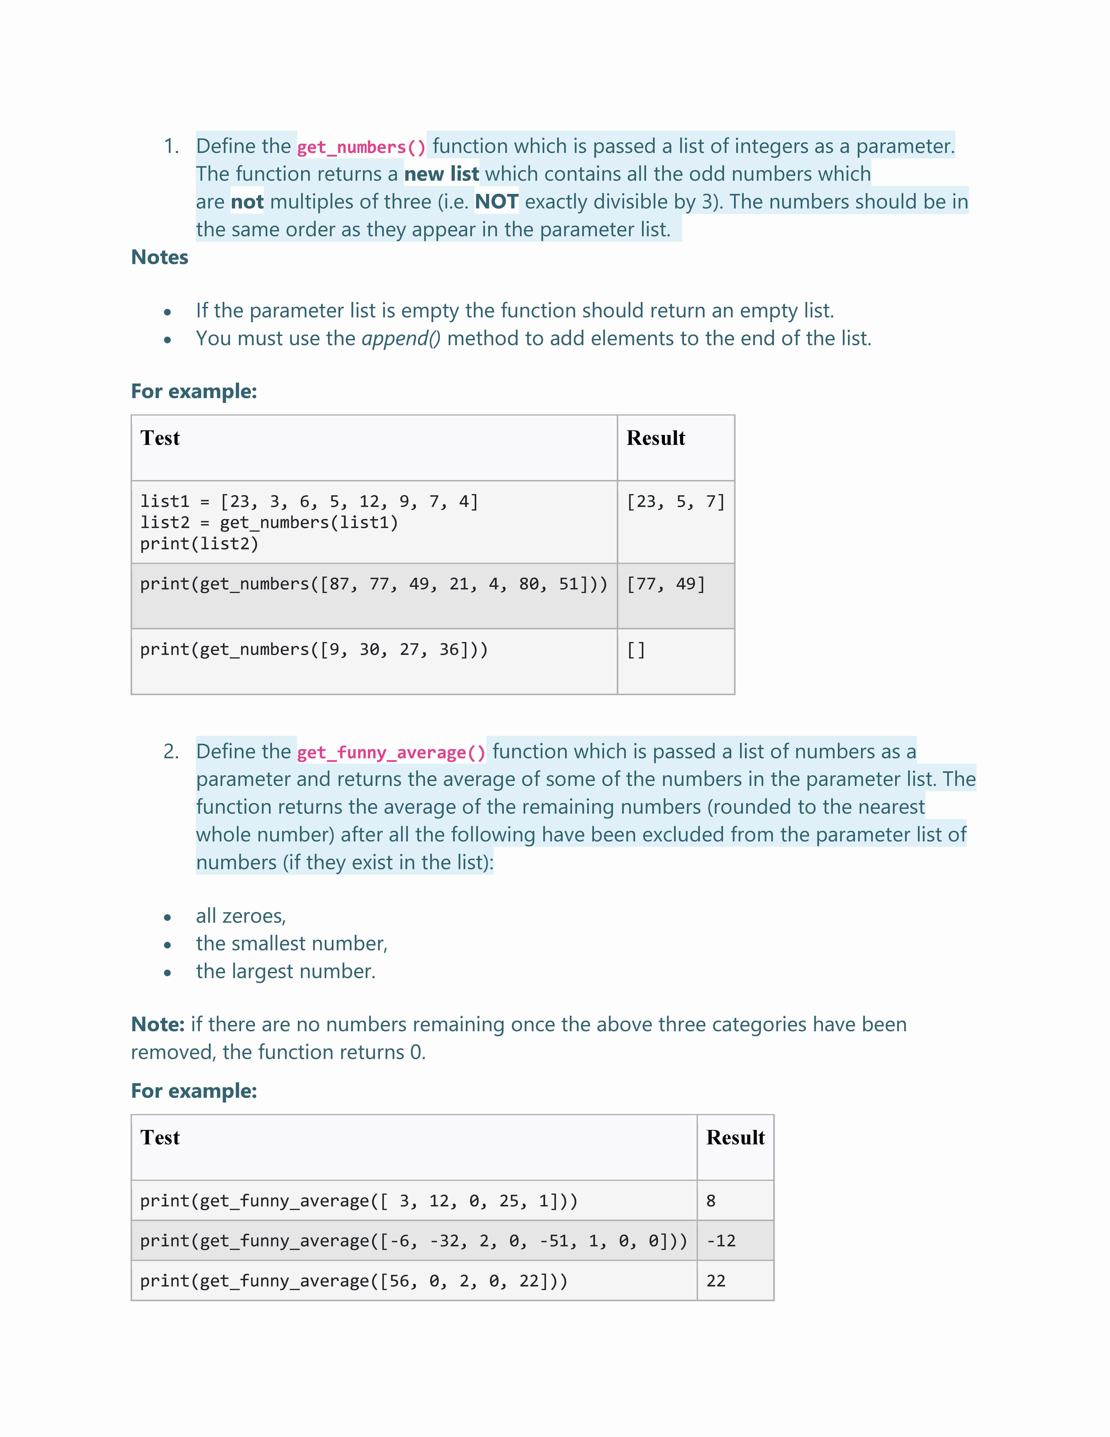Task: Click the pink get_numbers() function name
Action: [361, 147]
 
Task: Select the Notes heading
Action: [160, 257]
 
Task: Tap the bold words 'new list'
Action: [441, 174]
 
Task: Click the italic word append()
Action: [401, 339]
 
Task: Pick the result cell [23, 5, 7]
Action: [675, 502]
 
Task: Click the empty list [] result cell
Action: [636, 650]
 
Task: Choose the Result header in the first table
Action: [656, 438]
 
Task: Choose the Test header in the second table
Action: [160, 1138]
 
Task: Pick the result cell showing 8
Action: [711, 1201]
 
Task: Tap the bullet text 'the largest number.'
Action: [285, 972]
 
